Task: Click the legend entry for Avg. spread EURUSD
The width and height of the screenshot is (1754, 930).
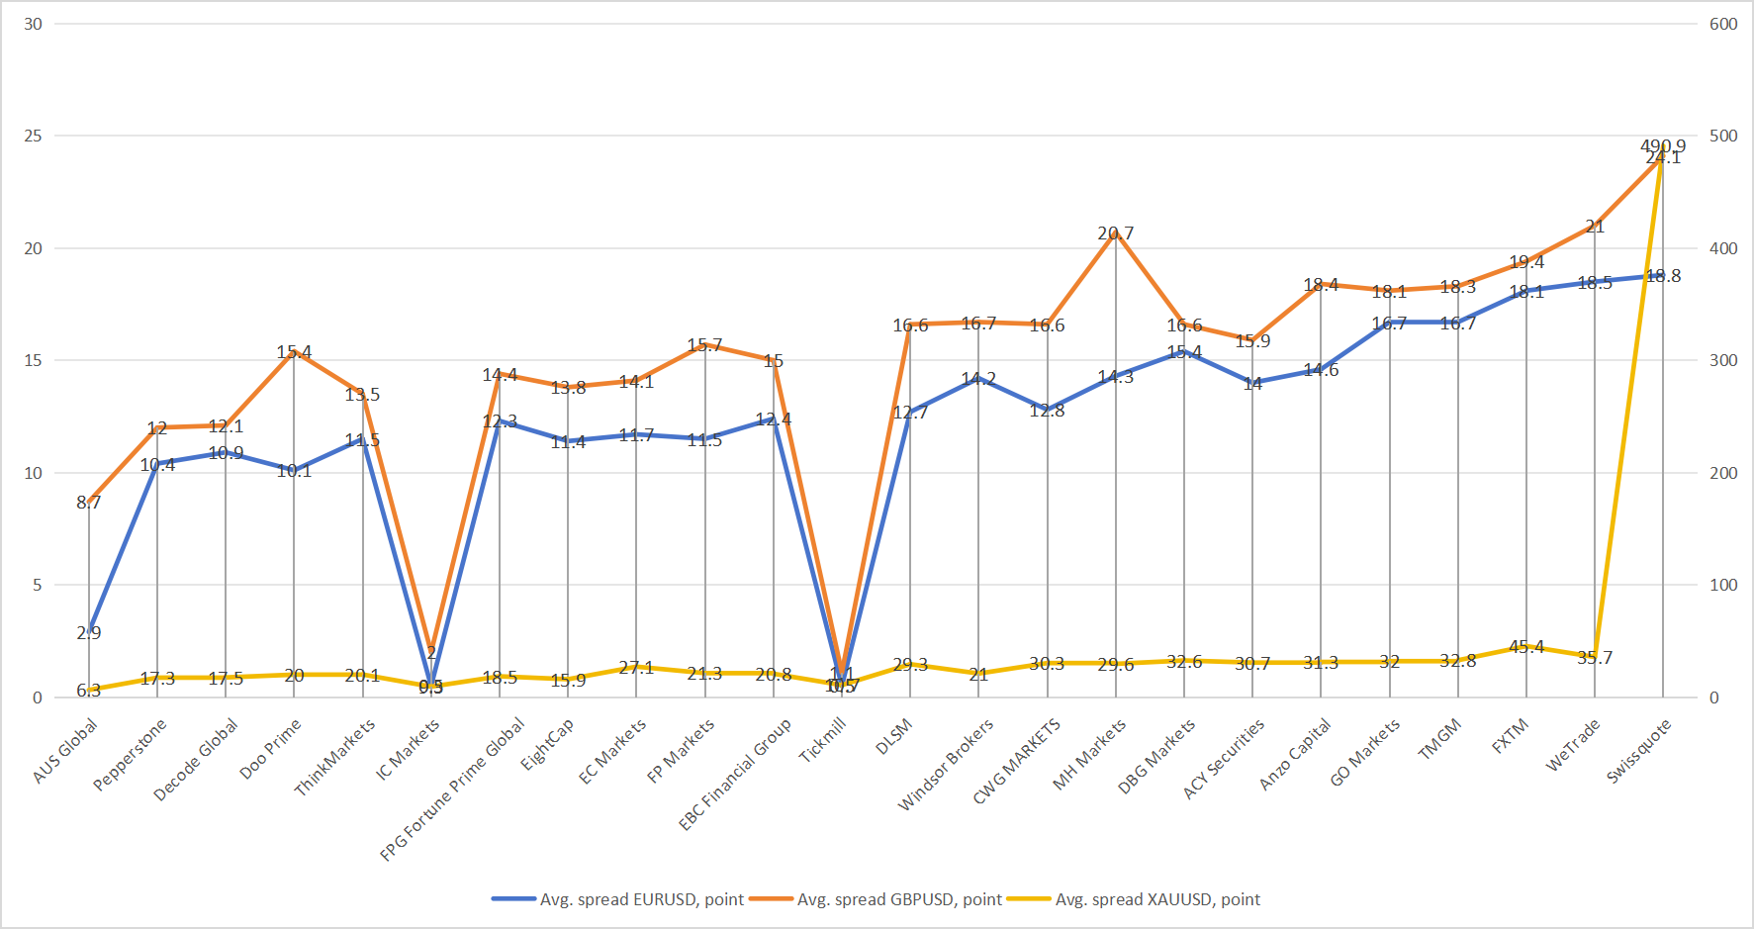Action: pyautogui.click(x=641, y=899)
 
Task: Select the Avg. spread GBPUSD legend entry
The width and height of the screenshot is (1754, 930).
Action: pyautogui.click(x=899, y=899)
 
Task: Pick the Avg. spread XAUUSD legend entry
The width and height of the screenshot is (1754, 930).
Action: pyautogui.click(x=1157, y=899)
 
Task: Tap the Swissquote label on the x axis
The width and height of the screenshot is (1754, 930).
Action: pyautogui.click(x=1638, y=752)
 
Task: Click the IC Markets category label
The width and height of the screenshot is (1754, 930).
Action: pyautogui.click(x=408, y=749)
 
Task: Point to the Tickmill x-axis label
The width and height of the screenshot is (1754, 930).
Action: pyautogui.click(x=823, y=740)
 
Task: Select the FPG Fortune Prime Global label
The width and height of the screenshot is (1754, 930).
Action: pyautogui.click(x=453, y=789)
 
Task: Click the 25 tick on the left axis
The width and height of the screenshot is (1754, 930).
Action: pyautogui.click(x=34, y=136)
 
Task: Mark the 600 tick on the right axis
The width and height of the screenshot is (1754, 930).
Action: pyautogui.click(x=1723, y=24)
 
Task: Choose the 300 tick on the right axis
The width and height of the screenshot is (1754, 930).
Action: pyautogui.click(x=1723, y=360)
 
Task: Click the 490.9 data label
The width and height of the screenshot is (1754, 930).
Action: pyautogui.click(x=1663, y=145)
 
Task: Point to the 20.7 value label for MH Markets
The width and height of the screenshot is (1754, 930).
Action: pyautogui.click(x=1116, y=233)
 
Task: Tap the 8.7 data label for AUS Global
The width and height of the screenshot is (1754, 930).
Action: pyautogui.click(x=89, y=503)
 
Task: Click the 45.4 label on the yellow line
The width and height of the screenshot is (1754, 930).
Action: pyautogui.click(x=1526, y=647)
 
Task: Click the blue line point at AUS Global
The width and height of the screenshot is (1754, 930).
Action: pyautogui.click(x=89, y=631)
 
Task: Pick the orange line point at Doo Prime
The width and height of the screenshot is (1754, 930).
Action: pyautogui.click(x=294, y=351)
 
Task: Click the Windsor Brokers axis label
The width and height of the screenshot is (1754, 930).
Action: pyautogui.click(x=946, y=765)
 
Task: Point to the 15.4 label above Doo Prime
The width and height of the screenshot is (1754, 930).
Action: pyautogui.click(x=294, y=352)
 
